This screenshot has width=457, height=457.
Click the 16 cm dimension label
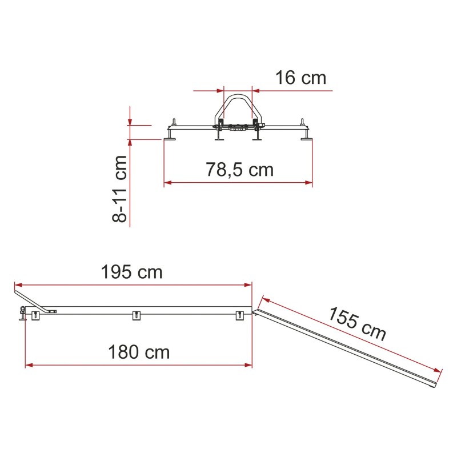[x=300, y=78]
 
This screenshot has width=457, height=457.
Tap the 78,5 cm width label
[x=239, y=170]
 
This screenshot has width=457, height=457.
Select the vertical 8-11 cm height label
[x=120, y=189]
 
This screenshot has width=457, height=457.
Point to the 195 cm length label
[x=131, y=272]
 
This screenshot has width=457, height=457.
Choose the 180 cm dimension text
[x=139, y=352]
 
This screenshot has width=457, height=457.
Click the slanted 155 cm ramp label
[x=356, y=323]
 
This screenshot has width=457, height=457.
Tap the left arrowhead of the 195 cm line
[x=18, y=284]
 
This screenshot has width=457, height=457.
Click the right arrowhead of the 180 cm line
[x=248, y=365]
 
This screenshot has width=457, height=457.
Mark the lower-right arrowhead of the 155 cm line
[x=438, y=371]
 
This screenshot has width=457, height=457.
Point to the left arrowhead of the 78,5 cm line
[x=167, y=183]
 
